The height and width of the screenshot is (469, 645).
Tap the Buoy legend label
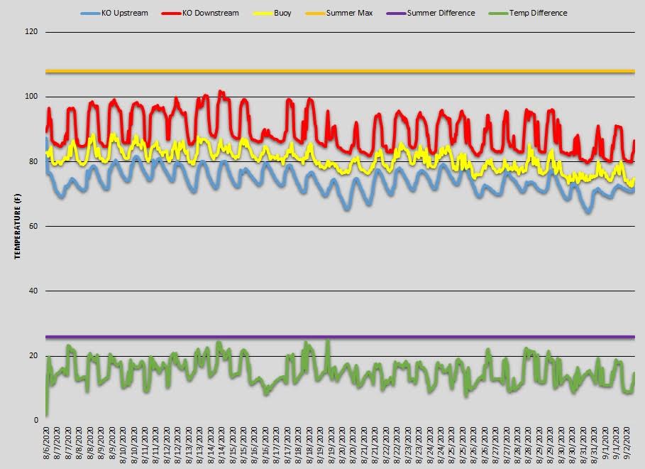tap(282, 13)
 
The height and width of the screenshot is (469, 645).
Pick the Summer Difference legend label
tap(441, 13)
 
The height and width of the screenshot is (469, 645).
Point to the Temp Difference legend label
tap(538, 13)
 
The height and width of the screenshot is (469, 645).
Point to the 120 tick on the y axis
tap(33, 32)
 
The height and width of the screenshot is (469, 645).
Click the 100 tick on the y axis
tap(33, 97)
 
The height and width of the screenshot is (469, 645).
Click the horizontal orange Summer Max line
tap(341, 71)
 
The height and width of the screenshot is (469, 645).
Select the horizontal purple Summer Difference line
tap(341, 337)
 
